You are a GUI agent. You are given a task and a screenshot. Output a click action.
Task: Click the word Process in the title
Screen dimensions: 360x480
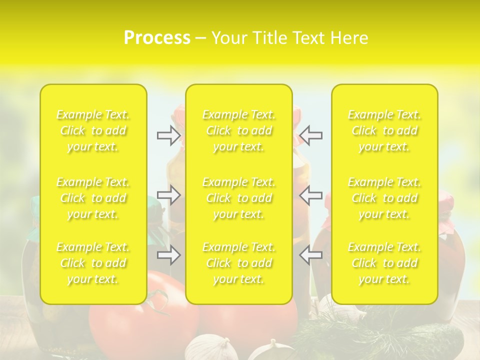tap(157, 38)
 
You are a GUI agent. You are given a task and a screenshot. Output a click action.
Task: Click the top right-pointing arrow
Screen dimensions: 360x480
tap(169, 135)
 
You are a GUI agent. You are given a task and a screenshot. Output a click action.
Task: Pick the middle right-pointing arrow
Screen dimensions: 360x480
tap(169, 195)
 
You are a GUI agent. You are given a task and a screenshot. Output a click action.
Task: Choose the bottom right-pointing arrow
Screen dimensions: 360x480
tap(169, 255)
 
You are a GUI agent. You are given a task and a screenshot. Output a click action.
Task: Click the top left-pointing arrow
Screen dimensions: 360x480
tap(311, 135)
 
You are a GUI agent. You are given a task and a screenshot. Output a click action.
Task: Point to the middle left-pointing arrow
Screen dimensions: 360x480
tap(311, 195)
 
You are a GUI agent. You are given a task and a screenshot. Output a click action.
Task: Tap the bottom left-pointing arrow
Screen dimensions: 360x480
tap(311, 255)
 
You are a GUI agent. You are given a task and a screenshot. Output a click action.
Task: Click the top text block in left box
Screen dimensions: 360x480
tap(93, 130)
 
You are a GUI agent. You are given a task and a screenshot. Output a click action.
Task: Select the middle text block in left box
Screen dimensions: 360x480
tap(93, 198)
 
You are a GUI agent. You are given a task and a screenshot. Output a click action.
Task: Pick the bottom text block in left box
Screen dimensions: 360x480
tap(93, 263)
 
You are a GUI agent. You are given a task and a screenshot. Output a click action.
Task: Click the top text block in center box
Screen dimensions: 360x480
tap(239, 130)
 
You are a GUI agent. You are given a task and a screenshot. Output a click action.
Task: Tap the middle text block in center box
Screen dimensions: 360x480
tap(239, 198)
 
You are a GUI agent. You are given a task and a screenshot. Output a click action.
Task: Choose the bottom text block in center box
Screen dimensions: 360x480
tap(239, 263)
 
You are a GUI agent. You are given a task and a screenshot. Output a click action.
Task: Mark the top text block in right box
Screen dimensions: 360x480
tap(384, 130)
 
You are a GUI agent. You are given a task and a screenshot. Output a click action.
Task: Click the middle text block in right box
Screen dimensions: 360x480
tap(384, 198)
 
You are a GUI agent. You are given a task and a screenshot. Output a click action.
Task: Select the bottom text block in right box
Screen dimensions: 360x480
tap(384, 263)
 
